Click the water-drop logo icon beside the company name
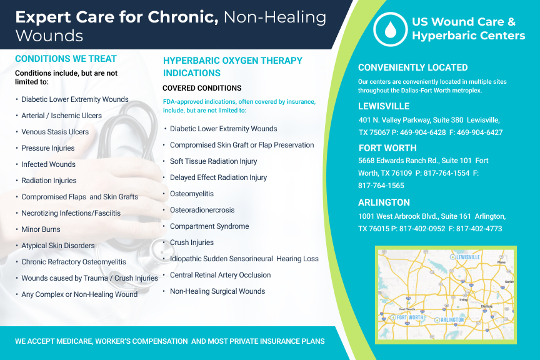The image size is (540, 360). [390, 29]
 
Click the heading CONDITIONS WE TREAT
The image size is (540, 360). [66, 59]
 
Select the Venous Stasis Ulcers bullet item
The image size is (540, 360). [55, 132]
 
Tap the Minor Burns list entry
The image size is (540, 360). [41, 229]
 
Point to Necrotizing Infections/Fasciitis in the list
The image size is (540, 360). [71, 213]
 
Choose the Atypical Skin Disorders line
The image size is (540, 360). [58, 246]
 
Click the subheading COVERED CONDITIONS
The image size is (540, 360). [202, 88]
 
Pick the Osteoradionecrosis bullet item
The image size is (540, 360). [202, 210]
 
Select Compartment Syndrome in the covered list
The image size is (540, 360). [209, 226]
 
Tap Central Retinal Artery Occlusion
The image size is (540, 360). [220, 275]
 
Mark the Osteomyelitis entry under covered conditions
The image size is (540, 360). [191, 194]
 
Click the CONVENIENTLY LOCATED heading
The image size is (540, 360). [412, 67]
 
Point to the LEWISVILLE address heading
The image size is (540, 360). [384, 106]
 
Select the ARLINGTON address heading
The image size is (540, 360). [384, 202]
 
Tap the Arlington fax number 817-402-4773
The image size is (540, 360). [479, 229]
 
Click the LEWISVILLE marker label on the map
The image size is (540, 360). [467, 257]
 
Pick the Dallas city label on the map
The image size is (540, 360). [487, 306]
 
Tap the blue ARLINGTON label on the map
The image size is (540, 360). [452, 319]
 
